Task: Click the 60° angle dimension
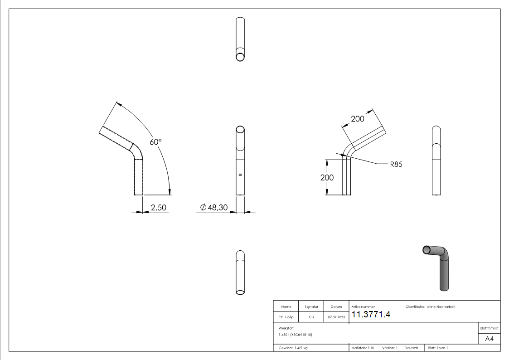pyautogui.click(x=155, y=142)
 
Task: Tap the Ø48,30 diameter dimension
pyautogui.click(x=214, y=207)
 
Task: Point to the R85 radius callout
pyautogui.click(x=396, y=165)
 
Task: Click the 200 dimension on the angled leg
pyautogui.click(x=358, y=119)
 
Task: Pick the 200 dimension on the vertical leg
pyautogui.click(x=327, y=177)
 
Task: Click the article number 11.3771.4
pyautogui.click(x=371, y=315)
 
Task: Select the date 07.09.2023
pyautogui.click(x=336, y=317)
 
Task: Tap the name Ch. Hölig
pyautogui.click(x=286, y=317)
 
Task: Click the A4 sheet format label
pyautogui.click(x=490, y=339)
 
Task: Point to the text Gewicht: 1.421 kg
pyautogui.click(x=293, y=348)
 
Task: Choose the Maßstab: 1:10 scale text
pyautogui.click(x=363, y=348)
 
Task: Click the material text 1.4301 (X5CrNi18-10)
pyautogui.click(x=296, y=335)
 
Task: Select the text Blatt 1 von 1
pyautogui.click(x=438, y=348)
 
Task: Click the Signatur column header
pyautogui.click(x=311, y=307)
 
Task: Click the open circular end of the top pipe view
pyautogui.click(x=241, y=56)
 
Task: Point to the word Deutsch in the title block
pyautogui.click(x=411, y=348)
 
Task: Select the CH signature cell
pyautogui.click(x=311, y=317)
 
